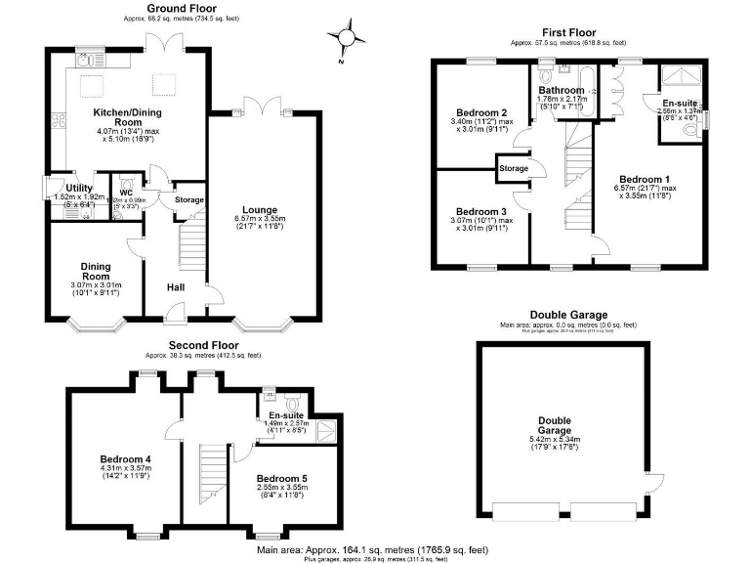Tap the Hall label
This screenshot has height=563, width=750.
tap(176, 287)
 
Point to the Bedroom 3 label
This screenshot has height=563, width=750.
tap(481, 212)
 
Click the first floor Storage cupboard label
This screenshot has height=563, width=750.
tap(514, 168)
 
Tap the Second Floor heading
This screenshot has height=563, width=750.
tap(203, 346)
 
